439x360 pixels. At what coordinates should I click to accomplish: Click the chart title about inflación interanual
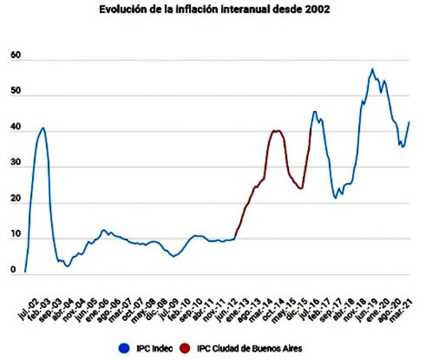215,10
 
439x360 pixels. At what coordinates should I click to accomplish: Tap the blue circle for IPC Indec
125,348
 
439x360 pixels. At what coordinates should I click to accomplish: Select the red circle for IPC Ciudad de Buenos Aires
184,348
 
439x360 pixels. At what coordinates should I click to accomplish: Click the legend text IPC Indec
155,349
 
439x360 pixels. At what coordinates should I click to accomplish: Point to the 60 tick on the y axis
16,55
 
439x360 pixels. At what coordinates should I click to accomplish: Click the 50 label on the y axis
16,91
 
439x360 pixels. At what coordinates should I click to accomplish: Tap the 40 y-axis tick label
16,127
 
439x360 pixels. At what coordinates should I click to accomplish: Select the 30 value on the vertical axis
16,163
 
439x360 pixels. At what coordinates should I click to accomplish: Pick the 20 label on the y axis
16,199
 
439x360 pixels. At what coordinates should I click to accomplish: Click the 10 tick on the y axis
16,235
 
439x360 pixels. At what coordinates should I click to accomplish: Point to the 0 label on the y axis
13,270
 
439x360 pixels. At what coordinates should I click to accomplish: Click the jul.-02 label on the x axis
29,309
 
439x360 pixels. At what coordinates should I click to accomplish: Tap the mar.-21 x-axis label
402,310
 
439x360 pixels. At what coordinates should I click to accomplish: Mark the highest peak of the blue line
373,69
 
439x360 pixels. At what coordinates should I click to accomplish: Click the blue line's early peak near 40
43,128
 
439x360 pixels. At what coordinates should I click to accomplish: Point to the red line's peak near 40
276,131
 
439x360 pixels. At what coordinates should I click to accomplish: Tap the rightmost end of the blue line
409,122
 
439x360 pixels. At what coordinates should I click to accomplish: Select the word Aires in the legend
293,349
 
